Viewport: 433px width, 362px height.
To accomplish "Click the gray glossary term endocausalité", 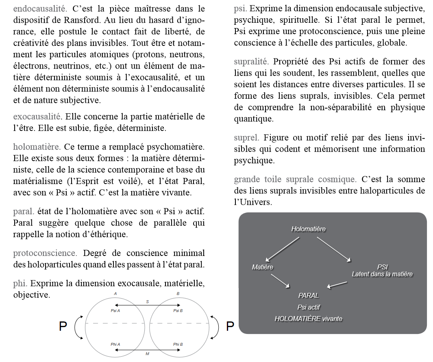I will click(39, 8).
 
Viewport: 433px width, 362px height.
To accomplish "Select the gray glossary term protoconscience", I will click(45, 253).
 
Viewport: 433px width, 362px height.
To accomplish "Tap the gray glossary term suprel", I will click(246, 138).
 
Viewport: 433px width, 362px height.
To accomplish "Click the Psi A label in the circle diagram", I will click(115, 311).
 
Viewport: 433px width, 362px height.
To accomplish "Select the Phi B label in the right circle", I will click(178, 345).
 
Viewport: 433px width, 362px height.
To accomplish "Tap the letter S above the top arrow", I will click(147, 301).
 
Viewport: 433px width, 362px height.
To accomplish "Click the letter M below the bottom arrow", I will click(147, 354).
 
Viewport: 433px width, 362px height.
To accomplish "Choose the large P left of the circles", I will click(63, 326).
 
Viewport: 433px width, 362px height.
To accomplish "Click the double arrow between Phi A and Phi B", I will click(147, 349).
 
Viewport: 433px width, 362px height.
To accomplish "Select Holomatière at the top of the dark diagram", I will click(308, 229).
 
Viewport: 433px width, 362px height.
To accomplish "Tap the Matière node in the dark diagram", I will click(262, 267).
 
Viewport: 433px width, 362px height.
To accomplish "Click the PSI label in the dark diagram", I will click(382, 267).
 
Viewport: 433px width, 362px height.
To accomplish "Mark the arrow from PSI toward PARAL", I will click(337, 285).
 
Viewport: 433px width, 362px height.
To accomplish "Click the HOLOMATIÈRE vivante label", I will click(308, 319).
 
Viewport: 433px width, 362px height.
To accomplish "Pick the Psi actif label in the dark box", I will click(308, 308).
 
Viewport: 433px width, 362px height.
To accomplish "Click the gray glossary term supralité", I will click(251, 62).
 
